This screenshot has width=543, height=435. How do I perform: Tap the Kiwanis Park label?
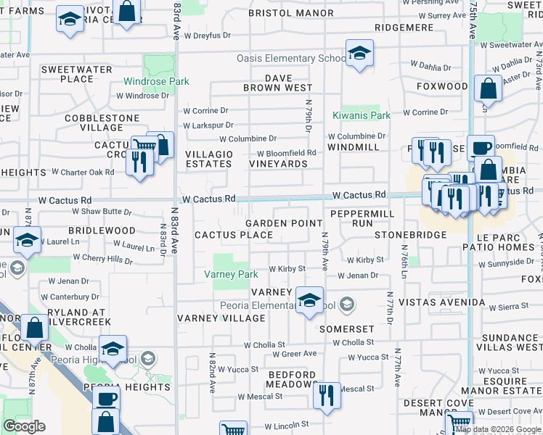point(362,115)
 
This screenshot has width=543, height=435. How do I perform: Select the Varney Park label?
point(231,275)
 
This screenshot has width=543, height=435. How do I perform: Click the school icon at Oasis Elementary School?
point(359,54)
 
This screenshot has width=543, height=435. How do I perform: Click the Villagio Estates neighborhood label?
point(209,159)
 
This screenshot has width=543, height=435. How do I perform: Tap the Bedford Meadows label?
point(282,380)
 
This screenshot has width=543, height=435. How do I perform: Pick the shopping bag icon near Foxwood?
point(489,90)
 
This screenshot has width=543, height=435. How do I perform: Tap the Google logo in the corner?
point(24,426)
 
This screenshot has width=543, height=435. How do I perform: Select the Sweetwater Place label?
point(77,75)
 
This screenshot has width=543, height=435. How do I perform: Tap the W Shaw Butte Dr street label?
point(99,212)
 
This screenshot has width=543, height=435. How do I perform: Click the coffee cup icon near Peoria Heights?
point(106,399)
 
